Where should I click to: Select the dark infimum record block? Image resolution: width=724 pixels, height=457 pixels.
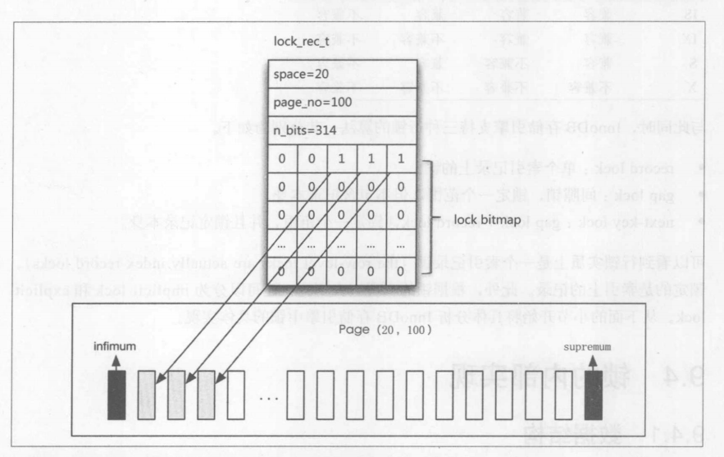(x=117, y=395)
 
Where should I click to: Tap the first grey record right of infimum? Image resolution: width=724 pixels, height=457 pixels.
(x=147, y=395)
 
